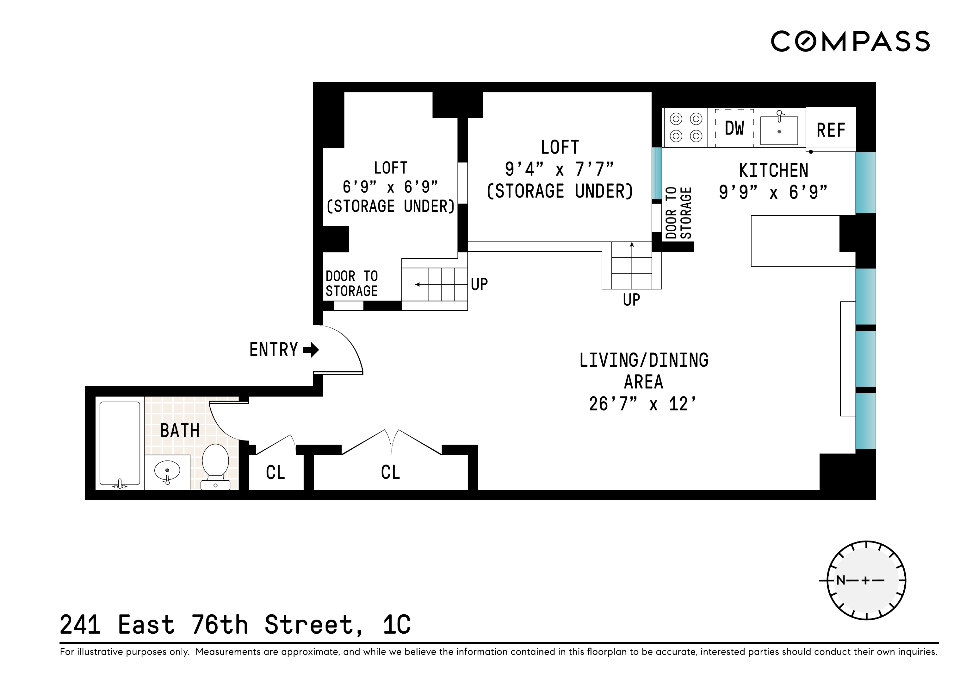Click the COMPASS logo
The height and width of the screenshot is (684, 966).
coord(850,41)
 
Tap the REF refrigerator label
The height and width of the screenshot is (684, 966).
coord(831,130)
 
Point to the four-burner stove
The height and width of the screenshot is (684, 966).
coord(686,128)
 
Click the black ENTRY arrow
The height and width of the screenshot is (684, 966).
coord(311,350)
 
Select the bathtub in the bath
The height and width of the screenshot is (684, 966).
coord(120,444)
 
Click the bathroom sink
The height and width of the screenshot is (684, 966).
coord(167,471)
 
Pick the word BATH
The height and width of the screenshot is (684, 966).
coord(180,430)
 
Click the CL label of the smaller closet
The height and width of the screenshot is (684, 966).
coord(276,472)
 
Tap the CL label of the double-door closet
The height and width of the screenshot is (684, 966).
coord(390,472)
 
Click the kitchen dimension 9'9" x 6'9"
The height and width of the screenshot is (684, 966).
coord(773,193)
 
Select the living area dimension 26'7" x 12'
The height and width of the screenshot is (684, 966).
coord(643,404)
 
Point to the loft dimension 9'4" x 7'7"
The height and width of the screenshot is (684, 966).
coord(560,169)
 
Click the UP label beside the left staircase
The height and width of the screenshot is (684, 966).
coord(479,284)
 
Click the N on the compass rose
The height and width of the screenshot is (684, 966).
coord(841,580)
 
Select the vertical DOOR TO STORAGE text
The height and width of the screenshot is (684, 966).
coord(678,213)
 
